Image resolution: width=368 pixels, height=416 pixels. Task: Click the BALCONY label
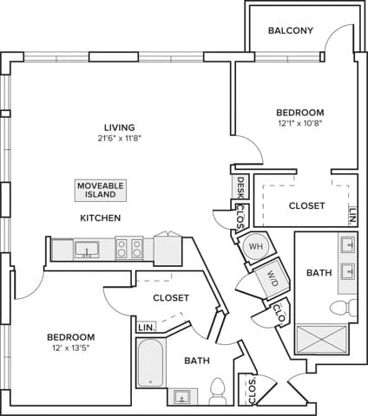[290, 30]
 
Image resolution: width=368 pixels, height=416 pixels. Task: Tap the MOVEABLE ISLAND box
[101, 190]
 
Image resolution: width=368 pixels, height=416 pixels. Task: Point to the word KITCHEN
[101, 218]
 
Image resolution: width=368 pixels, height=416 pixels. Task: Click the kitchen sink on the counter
[86, 250]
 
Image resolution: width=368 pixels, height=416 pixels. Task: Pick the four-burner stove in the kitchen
[128, 249]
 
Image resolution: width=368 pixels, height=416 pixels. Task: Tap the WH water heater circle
[254, 245]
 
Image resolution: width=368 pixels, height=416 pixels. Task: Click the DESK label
[240, 186]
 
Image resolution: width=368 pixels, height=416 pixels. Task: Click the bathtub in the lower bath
[150, 363]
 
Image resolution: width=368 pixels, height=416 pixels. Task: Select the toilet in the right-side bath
[345, 308]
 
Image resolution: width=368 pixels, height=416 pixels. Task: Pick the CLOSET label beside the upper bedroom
[307, 206]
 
